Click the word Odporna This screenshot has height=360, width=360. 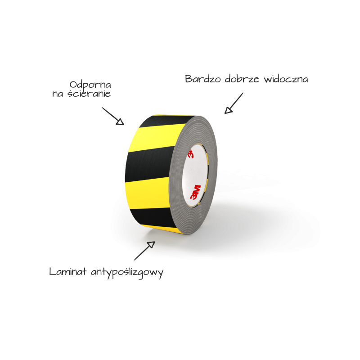(x=90, y=85)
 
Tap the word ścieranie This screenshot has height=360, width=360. (x=89, y=94)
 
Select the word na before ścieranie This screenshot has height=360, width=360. (x=58, y=94)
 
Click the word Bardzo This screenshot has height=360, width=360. (x=203, y=79)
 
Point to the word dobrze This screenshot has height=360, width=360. (x=242, y=79)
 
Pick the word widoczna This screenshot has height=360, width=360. (x=286, y=79)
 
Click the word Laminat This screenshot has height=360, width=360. (x=68, y=272)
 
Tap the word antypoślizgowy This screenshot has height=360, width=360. (x=127, y=273)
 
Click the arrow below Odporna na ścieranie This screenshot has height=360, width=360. (x=113, y=116)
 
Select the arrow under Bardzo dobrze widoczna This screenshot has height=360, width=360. (x=234, y=103)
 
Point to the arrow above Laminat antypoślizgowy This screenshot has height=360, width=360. (x=144, y=251)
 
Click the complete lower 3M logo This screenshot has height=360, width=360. (x=195, y=193)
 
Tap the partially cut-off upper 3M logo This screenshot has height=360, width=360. (x=191, y=154)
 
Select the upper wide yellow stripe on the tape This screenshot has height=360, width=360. (x=156, y=137)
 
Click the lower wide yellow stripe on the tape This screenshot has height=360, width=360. (x=148, y=193)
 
